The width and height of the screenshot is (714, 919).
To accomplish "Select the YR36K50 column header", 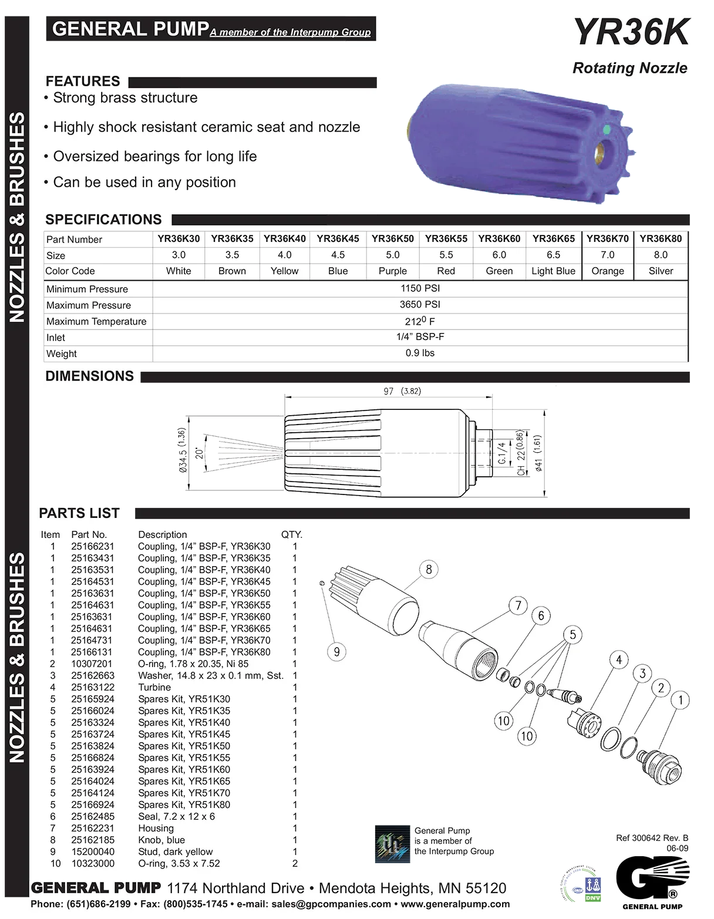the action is point(392,239).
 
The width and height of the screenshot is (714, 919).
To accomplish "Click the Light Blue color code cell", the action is point(553,271).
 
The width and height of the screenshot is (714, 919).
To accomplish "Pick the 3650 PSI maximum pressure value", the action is point(420,305).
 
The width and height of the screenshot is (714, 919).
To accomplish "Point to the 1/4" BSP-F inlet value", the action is point(420,336).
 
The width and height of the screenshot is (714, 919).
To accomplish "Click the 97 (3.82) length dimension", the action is point(402,391).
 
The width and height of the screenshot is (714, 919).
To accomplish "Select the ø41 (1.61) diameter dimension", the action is point(538,453).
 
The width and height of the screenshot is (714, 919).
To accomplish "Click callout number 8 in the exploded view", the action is point(429,569).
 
